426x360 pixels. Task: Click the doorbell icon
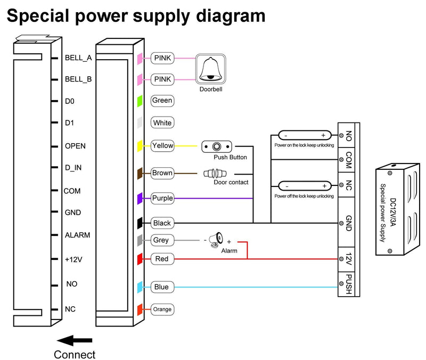coord(210,69)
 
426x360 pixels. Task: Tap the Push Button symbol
coord(217,147)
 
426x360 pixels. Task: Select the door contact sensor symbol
coord(215,174)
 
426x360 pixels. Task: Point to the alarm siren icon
coord(216,240)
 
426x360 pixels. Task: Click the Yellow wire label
coord(162,145)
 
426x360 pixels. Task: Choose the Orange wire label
coord(162,309)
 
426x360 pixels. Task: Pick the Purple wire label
coord(162,198)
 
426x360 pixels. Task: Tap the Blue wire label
coord(162,287)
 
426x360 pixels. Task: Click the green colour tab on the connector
coord(140,101)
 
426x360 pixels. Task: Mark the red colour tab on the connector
coord(140,259)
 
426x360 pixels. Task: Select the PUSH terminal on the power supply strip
coord(349,284)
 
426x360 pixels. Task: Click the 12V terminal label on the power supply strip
coord(349,259)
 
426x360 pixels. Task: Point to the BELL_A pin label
coord(78,58)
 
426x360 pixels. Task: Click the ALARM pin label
coord(77,235)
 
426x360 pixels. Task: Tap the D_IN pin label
coord(73,168)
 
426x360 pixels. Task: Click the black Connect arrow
coord(75,340)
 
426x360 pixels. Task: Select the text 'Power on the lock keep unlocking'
coord(304,145)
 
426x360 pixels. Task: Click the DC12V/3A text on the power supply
coord(393,212)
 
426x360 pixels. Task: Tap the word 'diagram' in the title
coord(231,17)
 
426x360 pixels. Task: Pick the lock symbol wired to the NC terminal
coord(305,186)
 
